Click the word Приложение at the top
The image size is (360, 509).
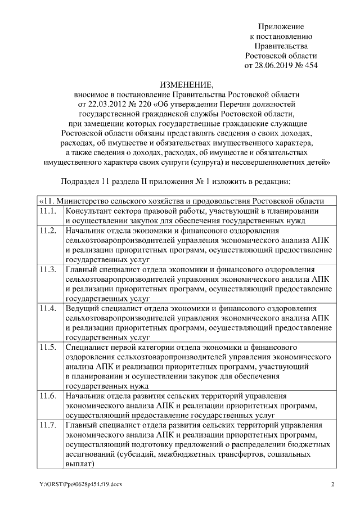point(281,26)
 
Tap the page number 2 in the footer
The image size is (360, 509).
point(332,484)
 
